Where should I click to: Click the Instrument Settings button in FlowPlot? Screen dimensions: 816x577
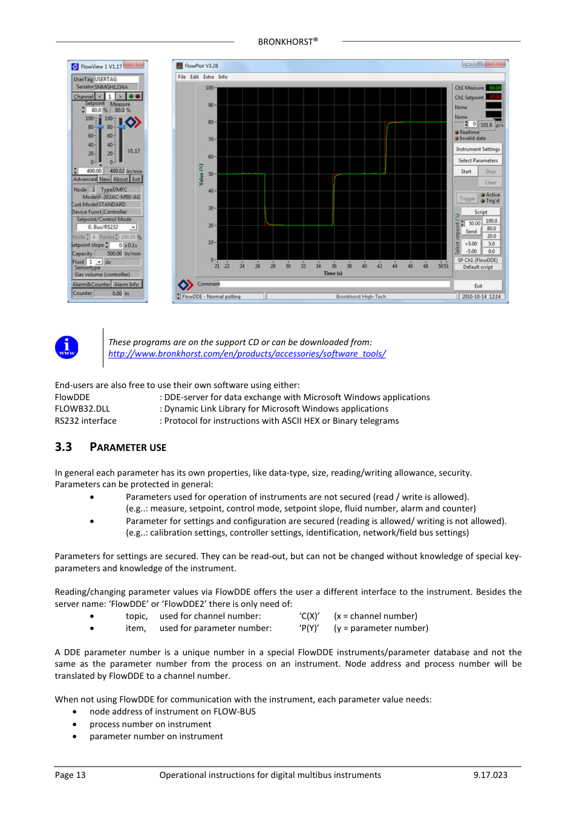(x=478, y=149)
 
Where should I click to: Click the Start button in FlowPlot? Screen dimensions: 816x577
(x=466, y=172)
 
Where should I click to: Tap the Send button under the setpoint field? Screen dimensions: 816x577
(x=471, y=232)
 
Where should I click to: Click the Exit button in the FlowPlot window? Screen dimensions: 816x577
(x=478, y=286)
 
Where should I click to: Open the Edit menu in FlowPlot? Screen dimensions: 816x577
(x=194, y=77)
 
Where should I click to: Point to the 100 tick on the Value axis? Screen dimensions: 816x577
(x=209, y=88)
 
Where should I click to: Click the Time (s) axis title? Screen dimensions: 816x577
(x=333, y=273)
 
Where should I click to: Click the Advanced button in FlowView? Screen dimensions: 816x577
(x=85, y=180)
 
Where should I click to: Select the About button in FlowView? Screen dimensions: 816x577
(x=120, y=180)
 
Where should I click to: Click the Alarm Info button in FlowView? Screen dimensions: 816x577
(x=126, y=285)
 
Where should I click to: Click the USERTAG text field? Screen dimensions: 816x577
(x=116, y=79)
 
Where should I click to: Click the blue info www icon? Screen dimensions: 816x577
(x=67, y=348)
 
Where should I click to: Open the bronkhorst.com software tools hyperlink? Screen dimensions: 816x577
(x=247, y=354)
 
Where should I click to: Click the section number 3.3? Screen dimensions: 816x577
(x=64, y=447)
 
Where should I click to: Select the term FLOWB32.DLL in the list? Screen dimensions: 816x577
(x=82, y=409)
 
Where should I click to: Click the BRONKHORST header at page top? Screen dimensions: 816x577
(x=287, y=42)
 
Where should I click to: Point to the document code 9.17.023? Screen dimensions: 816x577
(x=490, y=775)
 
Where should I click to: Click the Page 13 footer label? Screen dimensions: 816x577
(x=70, y=775)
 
